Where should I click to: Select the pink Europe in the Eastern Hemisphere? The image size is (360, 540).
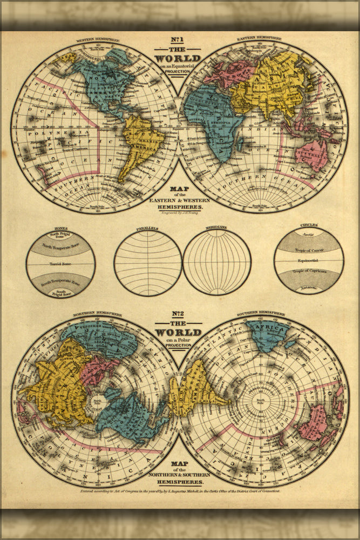coord(227,73)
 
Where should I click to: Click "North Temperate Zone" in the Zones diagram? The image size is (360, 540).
coord(60,247)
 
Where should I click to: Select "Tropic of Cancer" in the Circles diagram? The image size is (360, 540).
coord(309,251)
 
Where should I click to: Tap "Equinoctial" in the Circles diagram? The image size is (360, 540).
coord(309,261)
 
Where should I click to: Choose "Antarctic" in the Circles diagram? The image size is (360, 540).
coord(309,287)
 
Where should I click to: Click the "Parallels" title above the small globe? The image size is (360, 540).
coord(147,228)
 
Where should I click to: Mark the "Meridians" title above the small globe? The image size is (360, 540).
coord(216,228)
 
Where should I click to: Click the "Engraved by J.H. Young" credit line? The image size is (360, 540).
coord(178,214)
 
